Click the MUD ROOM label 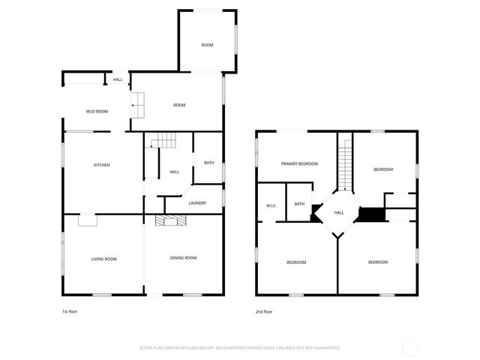(97, 112)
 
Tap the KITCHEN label (102, 165)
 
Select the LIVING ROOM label (104, 259)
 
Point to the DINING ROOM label (183, 258)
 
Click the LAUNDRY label (197, 202)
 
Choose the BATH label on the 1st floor (208, 163)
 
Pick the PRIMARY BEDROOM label (299, 163)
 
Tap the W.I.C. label (271, 205)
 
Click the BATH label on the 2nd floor (299, 204)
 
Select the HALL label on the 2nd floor (339, 212)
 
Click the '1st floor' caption (69, 311)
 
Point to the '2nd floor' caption (263, 311)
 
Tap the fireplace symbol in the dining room (170, 220)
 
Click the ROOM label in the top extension (207, 45)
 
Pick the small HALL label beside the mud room (118, 79)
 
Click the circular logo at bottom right (410, 347)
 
